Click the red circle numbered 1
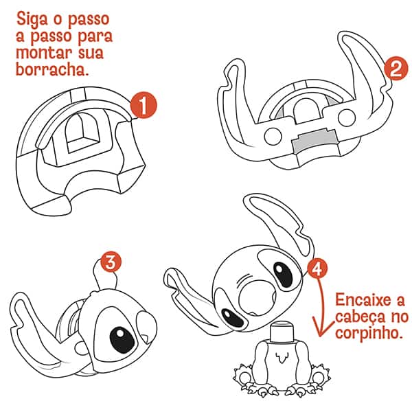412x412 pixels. (142, 106)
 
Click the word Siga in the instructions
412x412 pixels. (34, 17)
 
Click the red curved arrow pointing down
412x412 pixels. (318, 302)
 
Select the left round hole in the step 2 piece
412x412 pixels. (272, 137)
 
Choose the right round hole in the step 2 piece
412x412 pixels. (355, 137)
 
